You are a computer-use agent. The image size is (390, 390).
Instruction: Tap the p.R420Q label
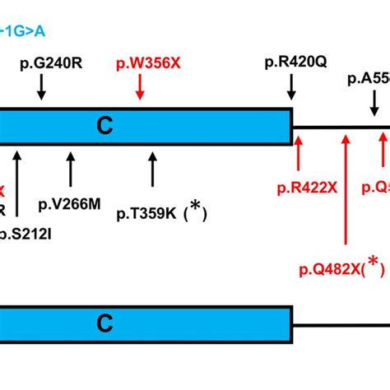[291, 61]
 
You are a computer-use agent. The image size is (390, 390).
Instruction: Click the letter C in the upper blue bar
[104, 125]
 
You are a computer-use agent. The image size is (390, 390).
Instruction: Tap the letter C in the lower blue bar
[104, 320]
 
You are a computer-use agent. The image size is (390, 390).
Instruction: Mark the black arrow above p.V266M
[70, 168]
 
